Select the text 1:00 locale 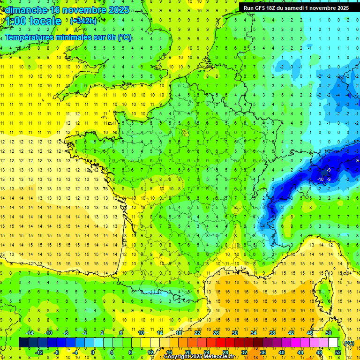(33, 21)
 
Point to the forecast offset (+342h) (83, 21)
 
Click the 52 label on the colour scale (338, 352)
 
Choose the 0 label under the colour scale (93, 352)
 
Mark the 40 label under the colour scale (281, 352)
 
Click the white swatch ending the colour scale (333, 343)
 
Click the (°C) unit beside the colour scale (349, 343)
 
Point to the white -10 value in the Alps (321, 179)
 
